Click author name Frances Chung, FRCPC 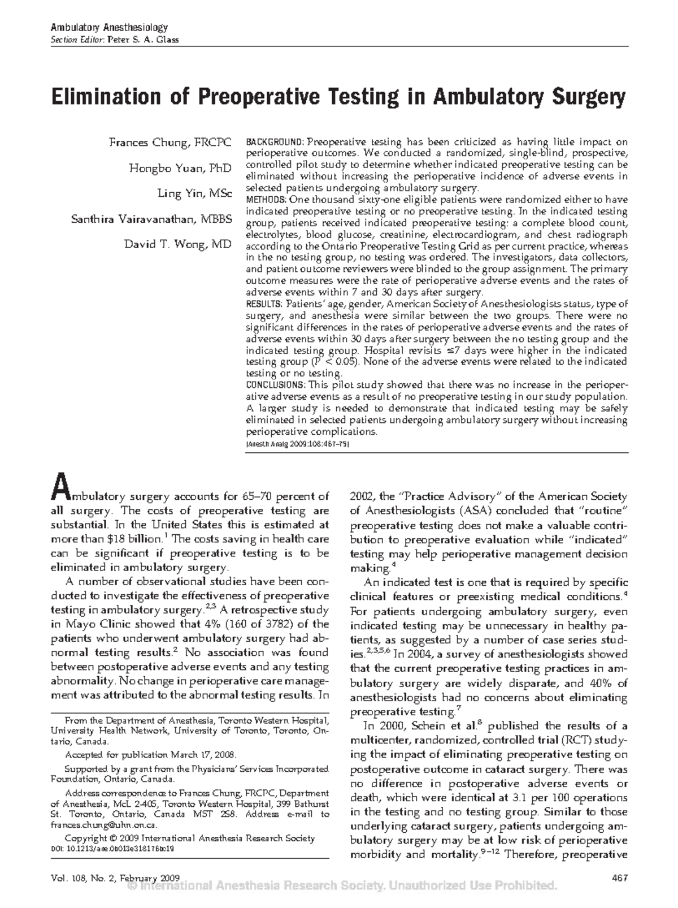pyautogui.click(x=170, y=142)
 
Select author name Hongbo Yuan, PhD pyautogui.click(x=180, y=168)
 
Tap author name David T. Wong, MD pyautogui.click(x=178, y=244)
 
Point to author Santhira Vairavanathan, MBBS pyautogui.click(x=151, y=219)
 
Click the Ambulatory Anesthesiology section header pyautogui.click(x=110, y=27)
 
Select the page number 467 pyautogui.click(x=620, y=877)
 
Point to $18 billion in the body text pyautogui.click(x=138, y=538)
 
